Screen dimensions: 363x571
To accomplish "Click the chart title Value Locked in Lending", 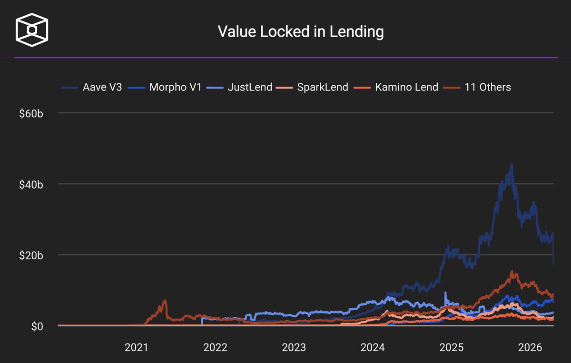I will click(300, 32).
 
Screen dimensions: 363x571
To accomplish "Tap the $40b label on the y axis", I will click(30, 184).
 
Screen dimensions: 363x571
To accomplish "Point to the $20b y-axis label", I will click(30, 255).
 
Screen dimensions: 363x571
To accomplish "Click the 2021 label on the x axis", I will click(137, 348).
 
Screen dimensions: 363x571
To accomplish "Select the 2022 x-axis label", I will click(215, 348).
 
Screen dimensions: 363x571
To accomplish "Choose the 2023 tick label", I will click(294, 348).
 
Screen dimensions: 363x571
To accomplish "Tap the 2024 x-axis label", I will click(373, 348).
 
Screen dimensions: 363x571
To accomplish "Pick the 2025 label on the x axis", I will click(451, 348).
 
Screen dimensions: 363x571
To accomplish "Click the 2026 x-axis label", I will click(530, 348).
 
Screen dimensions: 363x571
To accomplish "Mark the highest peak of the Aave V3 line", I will click(512, 165).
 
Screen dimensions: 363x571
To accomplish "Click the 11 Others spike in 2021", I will click(165, 301).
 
